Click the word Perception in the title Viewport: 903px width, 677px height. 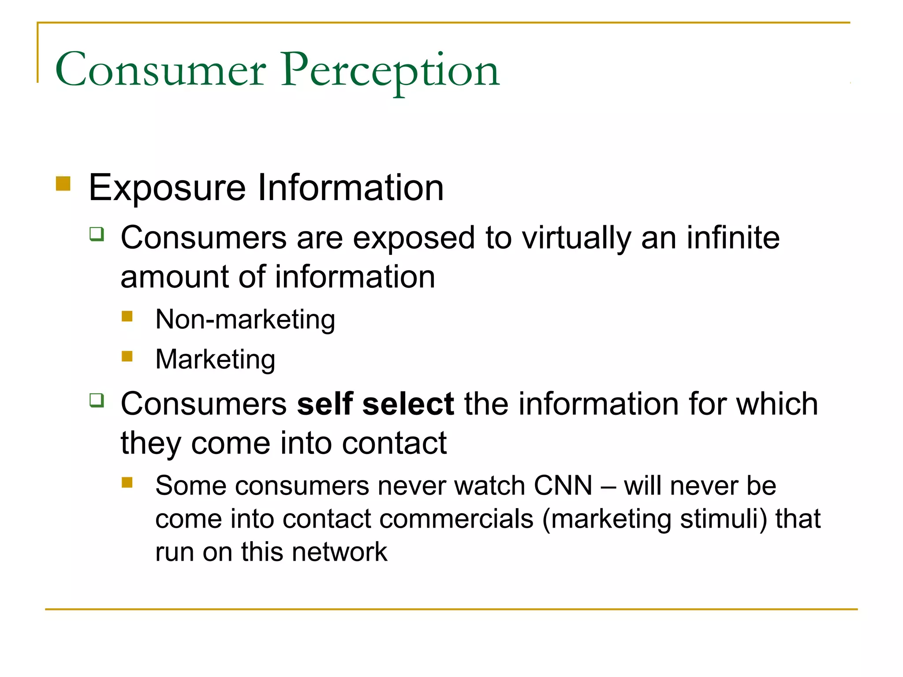(x=390, y=71)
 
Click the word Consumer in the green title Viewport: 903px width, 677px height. (x=160, y=71)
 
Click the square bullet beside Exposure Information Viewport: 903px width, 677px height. (x=63, y=183)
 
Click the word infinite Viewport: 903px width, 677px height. (x=733, y=238)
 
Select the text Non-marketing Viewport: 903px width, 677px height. (x=245, y=320)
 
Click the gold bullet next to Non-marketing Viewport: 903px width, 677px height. (x=127, y=316)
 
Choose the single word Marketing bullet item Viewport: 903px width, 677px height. (x=215, y=359)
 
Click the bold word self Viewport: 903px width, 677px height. (x=325, y=404)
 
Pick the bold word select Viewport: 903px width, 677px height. (x=408, y=404)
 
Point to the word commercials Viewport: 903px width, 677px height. (x=456, y=519)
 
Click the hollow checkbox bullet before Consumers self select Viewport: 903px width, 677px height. (x=97, y=400)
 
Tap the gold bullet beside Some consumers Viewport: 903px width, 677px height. (x=127, y=483)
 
